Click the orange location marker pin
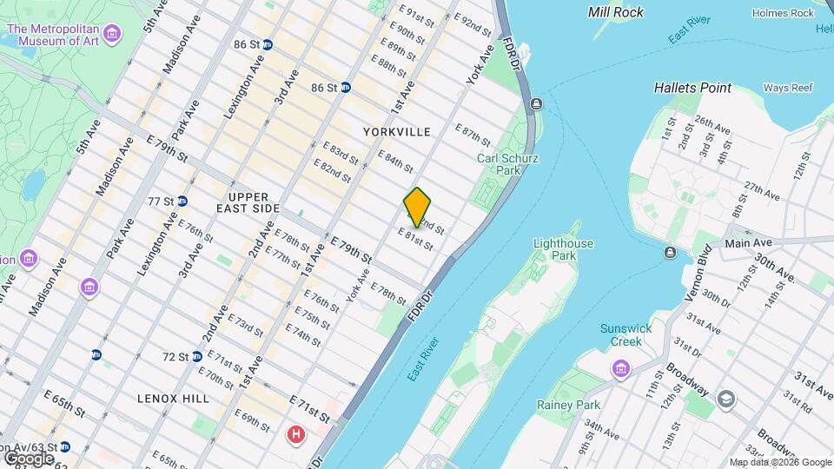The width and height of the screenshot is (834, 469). pos(418,207)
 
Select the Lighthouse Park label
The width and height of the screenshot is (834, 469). pos(563,250)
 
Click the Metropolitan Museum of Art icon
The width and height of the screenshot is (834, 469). pos(111,34)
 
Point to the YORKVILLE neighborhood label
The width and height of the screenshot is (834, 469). pos(397,132)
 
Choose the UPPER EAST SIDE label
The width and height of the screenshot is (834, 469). pos(255,203)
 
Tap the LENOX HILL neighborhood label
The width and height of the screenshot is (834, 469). pos(174,398)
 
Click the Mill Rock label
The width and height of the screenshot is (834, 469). pos(616,12)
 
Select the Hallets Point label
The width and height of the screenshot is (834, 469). pos(692,88)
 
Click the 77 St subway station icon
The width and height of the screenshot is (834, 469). pos(182,201)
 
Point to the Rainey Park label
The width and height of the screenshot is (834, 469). pos(569,406)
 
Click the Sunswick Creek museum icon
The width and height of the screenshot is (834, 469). pos(620,370)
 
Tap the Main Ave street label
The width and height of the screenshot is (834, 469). pos(748,243)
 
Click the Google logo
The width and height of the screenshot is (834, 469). pos(30,458)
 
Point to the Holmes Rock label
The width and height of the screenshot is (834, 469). pos(783,13)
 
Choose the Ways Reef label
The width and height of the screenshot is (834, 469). pos(787,88)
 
